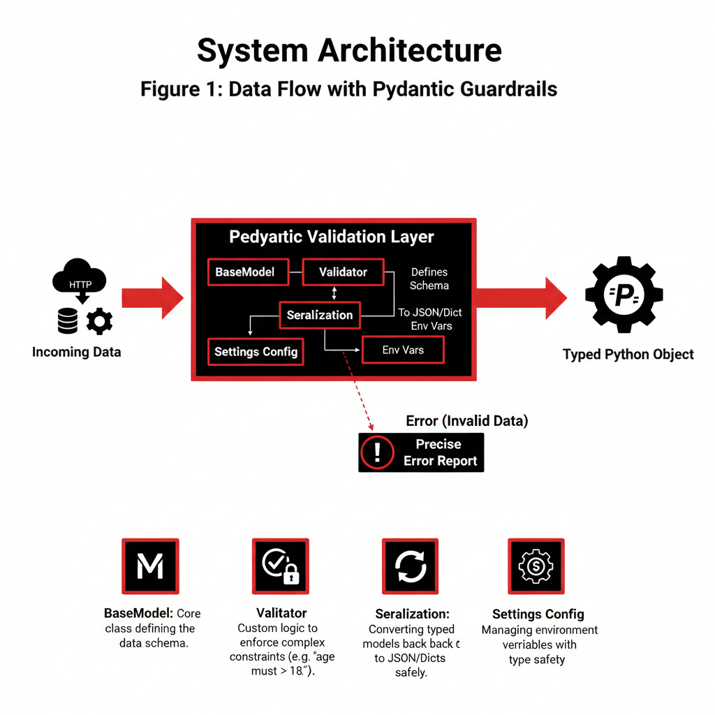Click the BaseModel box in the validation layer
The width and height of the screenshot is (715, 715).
coord(249,272)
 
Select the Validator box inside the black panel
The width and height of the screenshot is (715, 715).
coord(343,272)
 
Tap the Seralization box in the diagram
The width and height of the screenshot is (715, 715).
coord(320,315)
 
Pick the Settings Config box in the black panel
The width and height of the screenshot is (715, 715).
coord(256,351)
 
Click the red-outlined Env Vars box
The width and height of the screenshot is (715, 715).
coord(403,350)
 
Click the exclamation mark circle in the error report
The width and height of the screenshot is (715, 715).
coord(377,452)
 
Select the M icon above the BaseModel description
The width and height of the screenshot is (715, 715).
coord(150,566)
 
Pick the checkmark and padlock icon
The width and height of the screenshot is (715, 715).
coord(280,566)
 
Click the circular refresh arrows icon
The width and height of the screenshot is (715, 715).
coord(410,566)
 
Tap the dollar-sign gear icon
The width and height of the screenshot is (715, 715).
coord(536,566)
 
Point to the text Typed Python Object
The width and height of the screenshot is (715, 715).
coord(628,355)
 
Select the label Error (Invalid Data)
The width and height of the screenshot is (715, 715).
coord(466,421)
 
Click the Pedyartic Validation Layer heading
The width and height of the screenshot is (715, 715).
coord(332,237)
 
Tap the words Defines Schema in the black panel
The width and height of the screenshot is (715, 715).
coord(429,279)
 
